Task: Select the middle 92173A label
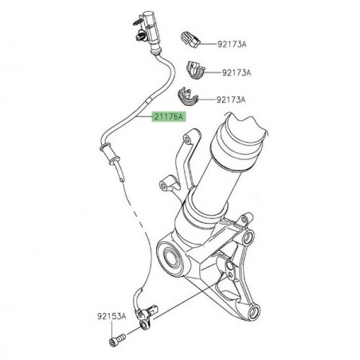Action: point(236,72)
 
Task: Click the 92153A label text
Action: point(112,316)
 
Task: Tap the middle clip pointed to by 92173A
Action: point(194,69)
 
